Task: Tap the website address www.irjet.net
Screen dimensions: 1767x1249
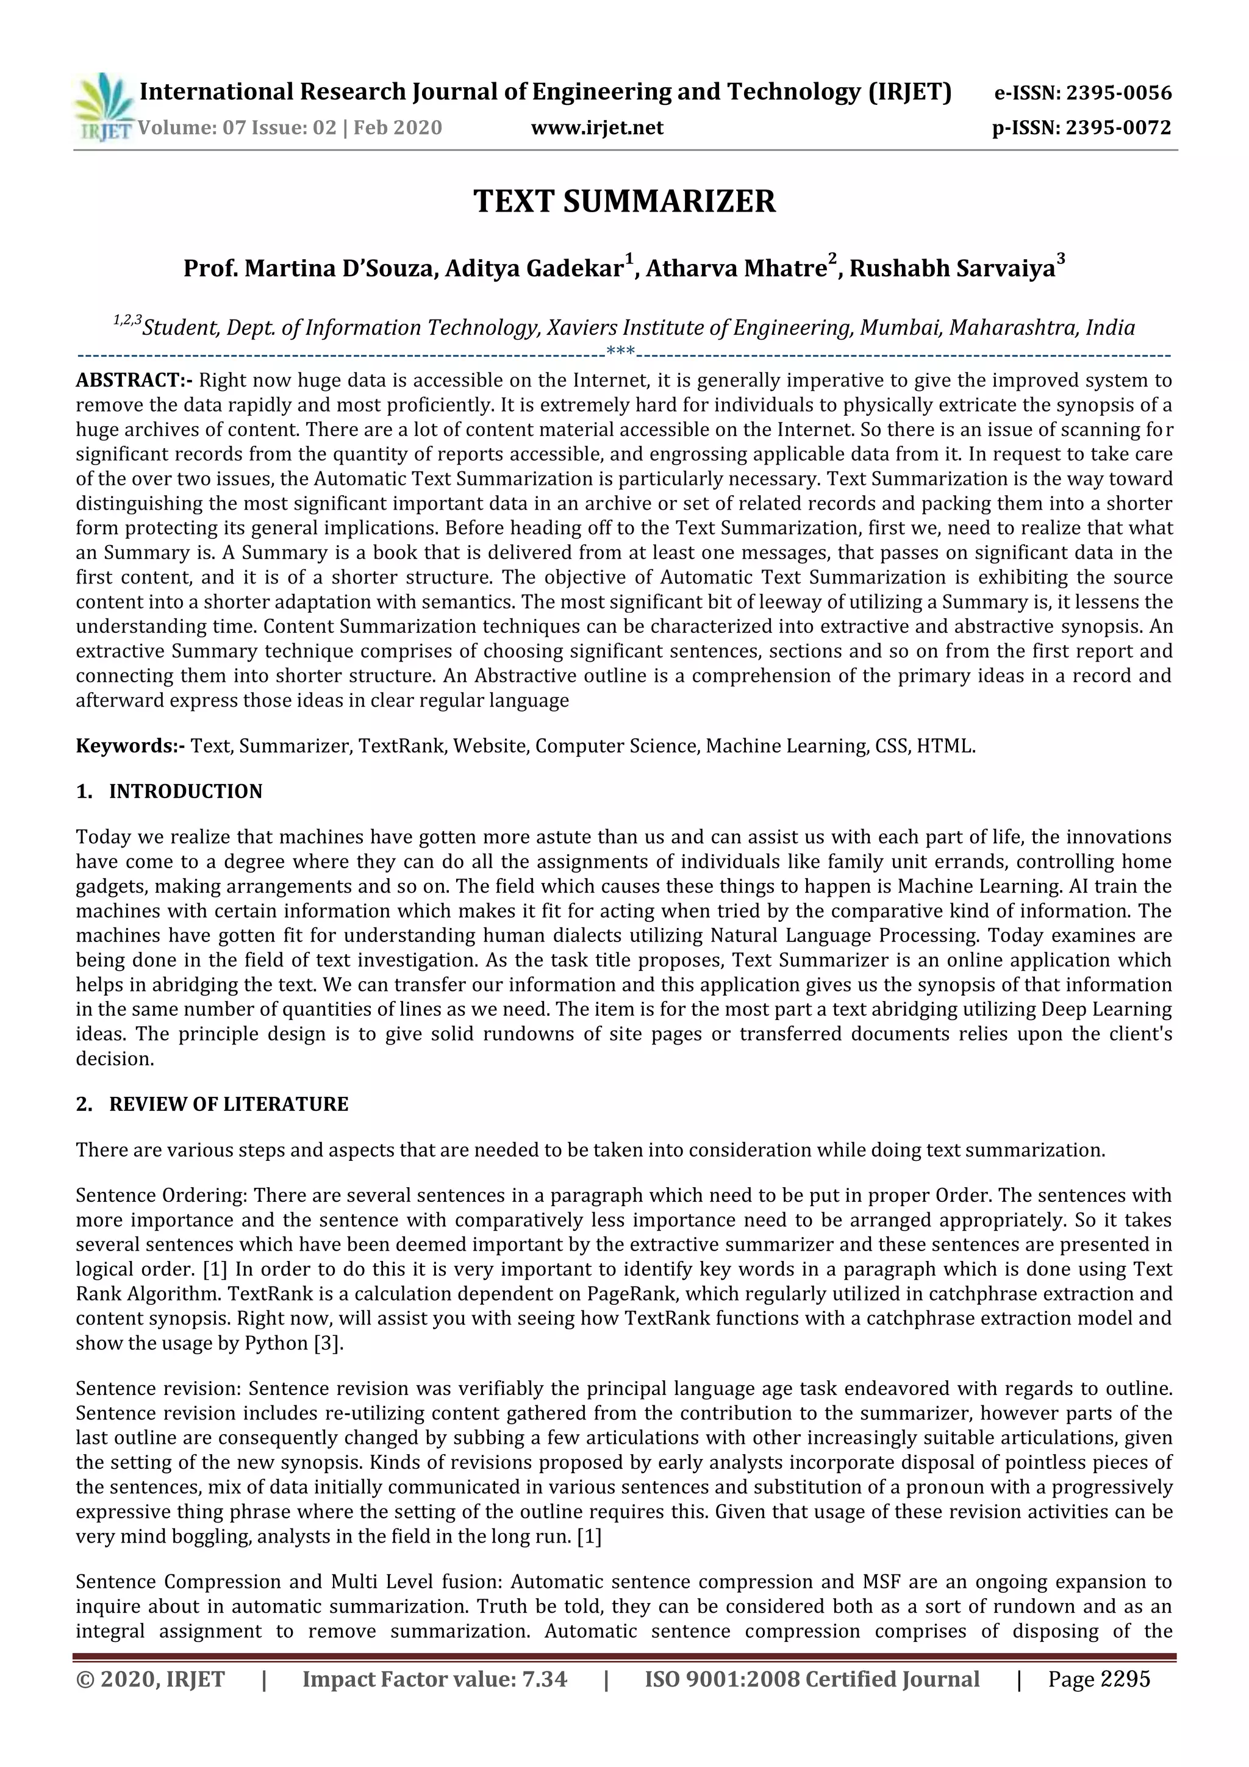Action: point(596,128)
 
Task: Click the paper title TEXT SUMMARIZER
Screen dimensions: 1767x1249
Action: point(624,202)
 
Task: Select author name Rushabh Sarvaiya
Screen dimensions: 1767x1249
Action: point(952,269)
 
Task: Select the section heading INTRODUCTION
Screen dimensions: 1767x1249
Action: point(185,791)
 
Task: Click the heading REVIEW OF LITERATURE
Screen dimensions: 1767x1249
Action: point(229,1104)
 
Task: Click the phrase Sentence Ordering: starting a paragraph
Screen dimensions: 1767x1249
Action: point(162,1195)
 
